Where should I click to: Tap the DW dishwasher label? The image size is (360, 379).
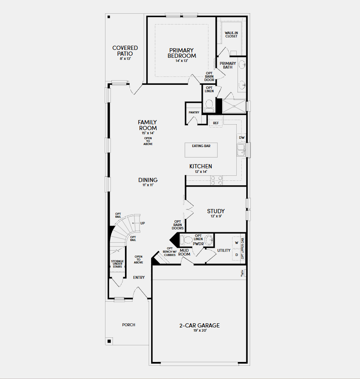242,138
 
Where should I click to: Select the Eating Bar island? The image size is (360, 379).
201,150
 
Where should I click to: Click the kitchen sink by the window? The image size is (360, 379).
241,150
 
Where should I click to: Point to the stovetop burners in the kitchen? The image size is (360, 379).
217,180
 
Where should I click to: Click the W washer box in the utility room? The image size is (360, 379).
237,243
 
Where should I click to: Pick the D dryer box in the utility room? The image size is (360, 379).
237,255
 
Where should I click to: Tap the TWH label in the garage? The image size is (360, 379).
242,273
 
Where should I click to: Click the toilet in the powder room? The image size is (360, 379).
186,240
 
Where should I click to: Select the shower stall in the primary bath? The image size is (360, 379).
234,106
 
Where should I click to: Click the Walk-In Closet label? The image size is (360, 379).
231,34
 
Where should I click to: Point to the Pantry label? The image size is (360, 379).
194,112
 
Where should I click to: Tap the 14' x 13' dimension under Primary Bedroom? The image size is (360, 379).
181,61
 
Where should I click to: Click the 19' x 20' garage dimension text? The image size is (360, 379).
200,330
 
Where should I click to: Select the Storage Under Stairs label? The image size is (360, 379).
118,264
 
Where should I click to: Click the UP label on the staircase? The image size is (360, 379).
142,223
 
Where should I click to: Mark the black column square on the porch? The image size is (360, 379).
109,341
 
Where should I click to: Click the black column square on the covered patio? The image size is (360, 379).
109,17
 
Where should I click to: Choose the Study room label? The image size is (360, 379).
216,211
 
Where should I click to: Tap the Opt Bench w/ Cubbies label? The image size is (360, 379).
170,251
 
